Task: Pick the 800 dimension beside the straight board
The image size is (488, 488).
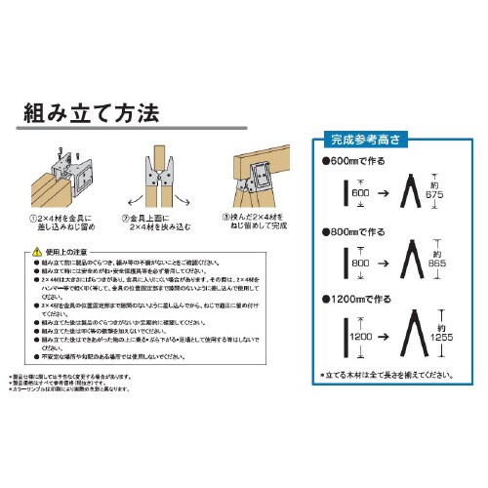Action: pyautogui.click(x=359, y=263)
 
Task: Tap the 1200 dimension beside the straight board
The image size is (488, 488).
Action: pyautogui.click(x=358, y=337)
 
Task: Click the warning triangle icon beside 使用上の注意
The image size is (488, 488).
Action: pyautogui.click(x=38, y=253)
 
